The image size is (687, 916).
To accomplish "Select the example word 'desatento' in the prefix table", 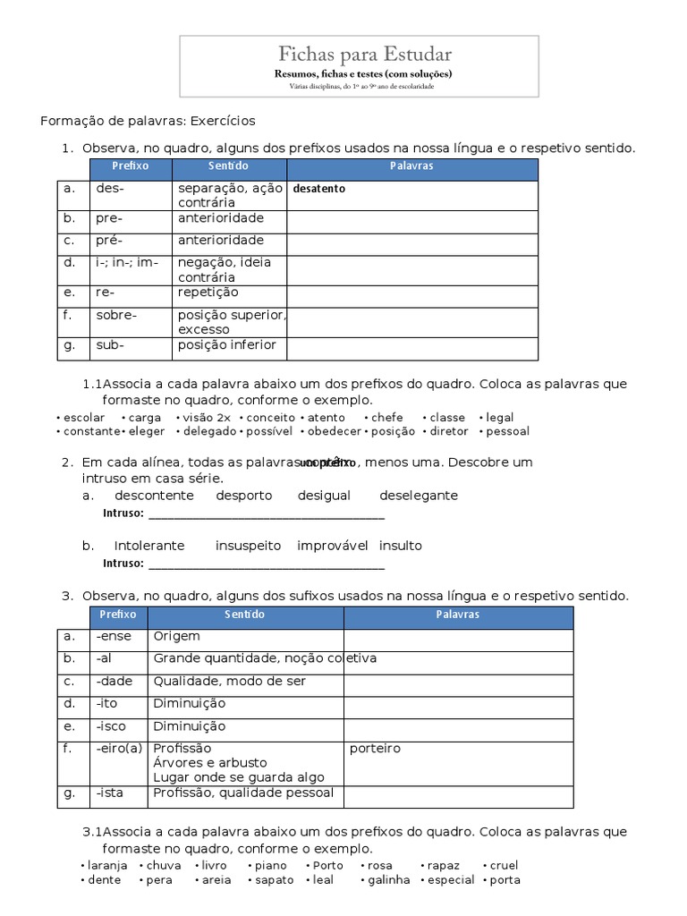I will pyautogui.click(x=318, y=189).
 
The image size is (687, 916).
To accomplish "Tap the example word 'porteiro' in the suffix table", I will pyautogui.click(x=376, y=748).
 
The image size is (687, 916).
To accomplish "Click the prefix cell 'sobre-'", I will pyautogui.click(x=116, y=315).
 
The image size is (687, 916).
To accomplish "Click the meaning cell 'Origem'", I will pyautogui.click(x=177, y=636).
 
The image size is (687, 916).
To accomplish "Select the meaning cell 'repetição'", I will pyautogui.click(x=208, y=293).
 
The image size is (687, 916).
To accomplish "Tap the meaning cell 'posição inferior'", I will pyautogui.click(x=227, y=345).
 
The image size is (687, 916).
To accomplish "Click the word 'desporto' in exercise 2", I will pyautogui.click(x=244, y=495).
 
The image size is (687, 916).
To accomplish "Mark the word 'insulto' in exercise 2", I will pyautogui.click(x=400, y=545).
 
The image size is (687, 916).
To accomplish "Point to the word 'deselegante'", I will pyautogui.click(x=418, y=495).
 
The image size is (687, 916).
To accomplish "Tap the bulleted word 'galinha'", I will pyautogui.click(x=389, y=879).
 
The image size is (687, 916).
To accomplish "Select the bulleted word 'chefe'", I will pyautogui.click(x=387, y=417).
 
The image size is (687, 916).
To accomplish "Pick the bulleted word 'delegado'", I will pyautogui.click(x=209, y=431).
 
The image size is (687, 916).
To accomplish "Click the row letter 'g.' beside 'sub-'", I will pyautogui.click(x=69, y=345).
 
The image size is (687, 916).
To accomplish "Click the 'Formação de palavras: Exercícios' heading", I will pyautogui.click(x=148, y=121).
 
